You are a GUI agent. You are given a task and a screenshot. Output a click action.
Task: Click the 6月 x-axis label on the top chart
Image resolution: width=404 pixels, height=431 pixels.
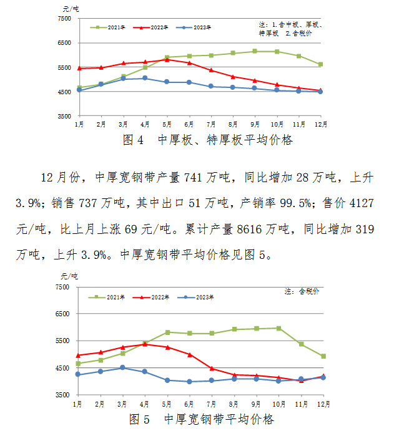[x=189, y=125]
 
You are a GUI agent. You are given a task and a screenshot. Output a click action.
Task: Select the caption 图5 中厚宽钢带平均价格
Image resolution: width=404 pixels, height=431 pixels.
[x=201, y=419]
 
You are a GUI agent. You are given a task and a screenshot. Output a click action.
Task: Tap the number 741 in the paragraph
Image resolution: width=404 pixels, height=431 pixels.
[x=195, y=178]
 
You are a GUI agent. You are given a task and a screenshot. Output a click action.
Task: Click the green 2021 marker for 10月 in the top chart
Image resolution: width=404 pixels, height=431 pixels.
[x=277, y=52]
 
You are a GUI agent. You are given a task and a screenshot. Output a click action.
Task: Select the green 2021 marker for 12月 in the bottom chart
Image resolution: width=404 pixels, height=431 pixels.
[x=323, y=356]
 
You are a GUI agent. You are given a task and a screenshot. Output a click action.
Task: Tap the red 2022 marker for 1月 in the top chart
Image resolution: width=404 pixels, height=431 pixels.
[x=79, y=68]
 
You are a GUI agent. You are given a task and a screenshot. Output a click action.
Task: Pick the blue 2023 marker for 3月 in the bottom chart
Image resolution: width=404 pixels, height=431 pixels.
[x=123, y=368]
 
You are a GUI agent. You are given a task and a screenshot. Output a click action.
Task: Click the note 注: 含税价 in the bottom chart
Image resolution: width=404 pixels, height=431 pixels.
[x=302, y=291]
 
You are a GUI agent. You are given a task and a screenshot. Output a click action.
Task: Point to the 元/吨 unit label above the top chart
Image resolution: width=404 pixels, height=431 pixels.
[x=71, y=9]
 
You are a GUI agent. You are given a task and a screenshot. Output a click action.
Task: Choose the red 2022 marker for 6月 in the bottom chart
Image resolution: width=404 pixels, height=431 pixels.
[x=189, y=354]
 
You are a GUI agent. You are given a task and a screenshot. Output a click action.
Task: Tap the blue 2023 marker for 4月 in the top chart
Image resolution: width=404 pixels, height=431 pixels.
[x=145, y=78]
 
